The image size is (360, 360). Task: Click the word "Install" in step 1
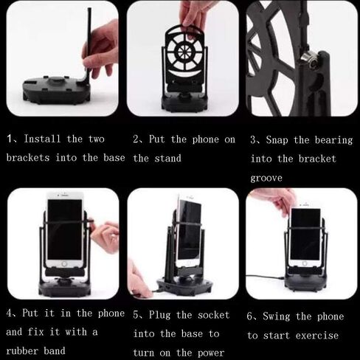tap(42, 139)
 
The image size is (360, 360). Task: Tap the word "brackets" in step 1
tap(28, 158)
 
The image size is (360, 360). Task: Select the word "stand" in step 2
tap(168, 158)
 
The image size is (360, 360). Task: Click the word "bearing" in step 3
tap(333, 140)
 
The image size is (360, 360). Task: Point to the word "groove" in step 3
tap(266, 179)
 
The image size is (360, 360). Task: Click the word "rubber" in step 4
tap(22, 350)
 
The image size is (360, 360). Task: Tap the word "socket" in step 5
tap(213, 315)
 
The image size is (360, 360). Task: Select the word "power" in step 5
tap(211, 353)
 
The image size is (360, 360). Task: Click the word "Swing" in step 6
tap(277, 316)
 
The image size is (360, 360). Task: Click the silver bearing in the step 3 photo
tap(308, 58)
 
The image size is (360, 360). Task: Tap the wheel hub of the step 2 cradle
tap(182, 51)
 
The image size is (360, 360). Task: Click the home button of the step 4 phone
tap(64, 264)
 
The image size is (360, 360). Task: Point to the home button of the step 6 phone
tap(305, 263)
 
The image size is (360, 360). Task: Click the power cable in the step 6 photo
tap(265, 277)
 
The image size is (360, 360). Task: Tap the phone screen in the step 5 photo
tap(190, 230)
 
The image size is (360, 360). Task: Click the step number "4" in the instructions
tap(9, 314)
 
